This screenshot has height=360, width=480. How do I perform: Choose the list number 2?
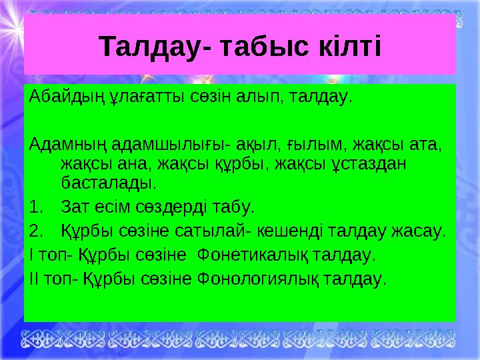coord(36,231)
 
